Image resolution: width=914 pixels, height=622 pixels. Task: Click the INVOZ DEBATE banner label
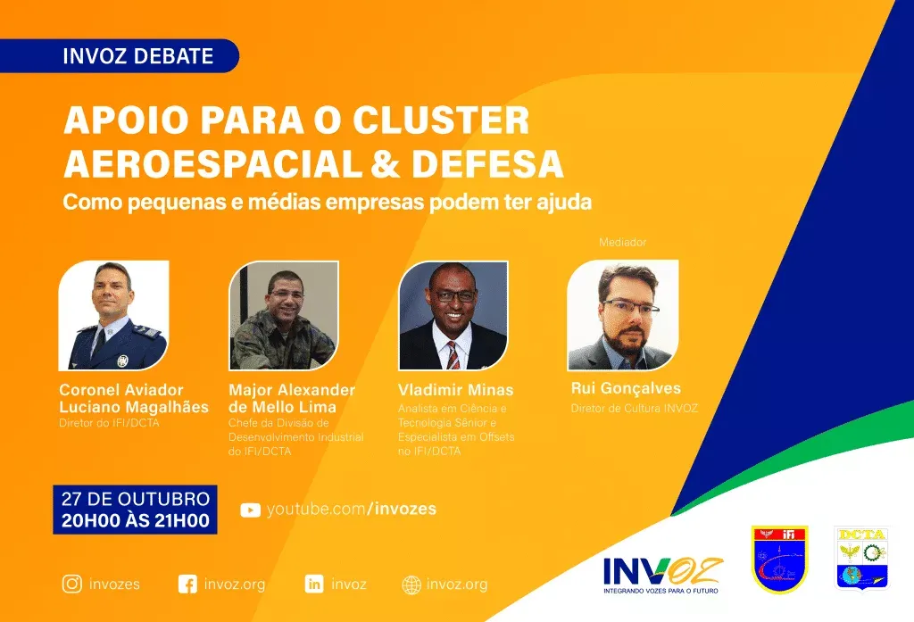[138, 56]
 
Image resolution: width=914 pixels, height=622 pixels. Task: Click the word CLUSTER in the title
[441, 120]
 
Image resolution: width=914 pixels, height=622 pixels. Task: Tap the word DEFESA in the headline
[487, 164]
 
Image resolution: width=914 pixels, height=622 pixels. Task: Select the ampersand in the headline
[386, 164]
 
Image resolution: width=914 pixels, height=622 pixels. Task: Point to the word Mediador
[622, 242]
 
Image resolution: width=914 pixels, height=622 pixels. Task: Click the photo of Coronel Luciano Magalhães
[113, 315]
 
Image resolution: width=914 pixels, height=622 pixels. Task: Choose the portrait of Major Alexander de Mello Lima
[284, 315]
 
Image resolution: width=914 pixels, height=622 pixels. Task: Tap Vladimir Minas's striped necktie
[453, 355]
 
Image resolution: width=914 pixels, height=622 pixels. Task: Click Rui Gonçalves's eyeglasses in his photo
[631, 307]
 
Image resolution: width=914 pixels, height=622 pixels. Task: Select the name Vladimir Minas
[456, 390]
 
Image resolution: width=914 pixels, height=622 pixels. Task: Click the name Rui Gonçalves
[626, 388]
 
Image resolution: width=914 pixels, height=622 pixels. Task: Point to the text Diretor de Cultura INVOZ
[635, 408]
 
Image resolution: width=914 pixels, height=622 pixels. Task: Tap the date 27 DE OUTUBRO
[136, 499]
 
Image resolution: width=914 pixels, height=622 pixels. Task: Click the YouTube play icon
[250, 510]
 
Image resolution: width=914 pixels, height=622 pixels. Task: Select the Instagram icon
[72, 584]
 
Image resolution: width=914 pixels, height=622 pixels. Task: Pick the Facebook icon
[187, 585]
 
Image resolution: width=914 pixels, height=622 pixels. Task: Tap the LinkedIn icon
[314, 584]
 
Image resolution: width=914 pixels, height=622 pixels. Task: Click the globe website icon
[411, 585]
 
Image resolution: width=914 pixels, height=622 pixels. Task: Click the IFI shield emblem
[779, 559]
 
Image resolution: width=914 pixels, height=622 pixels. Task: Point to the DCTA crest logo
[862, 559]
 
